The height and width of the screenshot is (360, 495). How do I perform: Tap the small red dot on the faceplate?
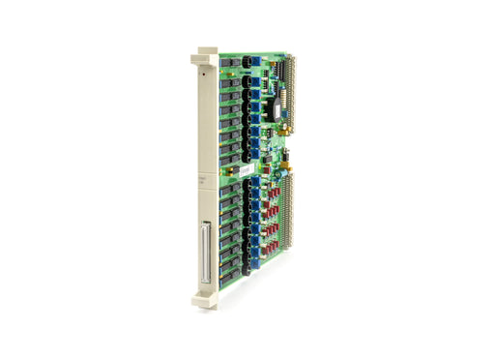[x=204, y=72]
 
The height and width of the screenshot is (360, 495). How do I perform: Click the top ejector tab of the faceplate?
[x=206, y=52]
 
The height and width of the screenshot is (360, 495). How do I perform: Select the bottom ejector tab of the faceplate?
[x=208, y=293]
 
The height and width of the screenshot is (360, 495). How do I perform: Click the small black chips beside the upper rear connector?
[x=280, y=67]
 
